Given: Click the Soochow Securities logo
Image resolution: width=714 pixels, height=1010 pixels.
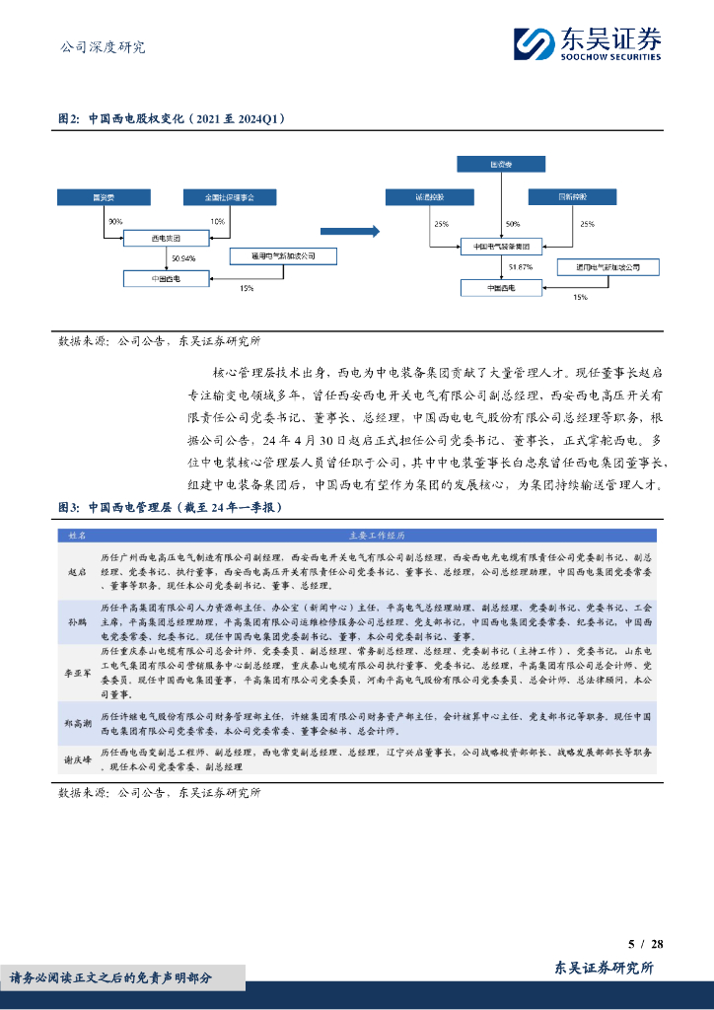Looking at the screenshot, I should [x=587, y=44].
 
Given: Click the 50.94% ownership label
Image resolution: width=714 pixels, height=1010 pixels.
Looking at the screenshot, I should [x=182, y=258].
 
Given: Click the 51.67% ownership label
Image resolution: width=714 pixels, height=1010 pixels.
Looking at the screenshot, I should [x=521, y=266].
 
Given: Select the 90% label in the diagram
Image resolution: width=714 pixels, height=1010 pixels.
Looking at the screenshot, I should [x=115, y=221].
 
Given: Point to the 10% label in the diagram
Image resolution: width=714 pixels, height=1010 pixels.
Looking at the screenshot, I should [x=217, y=221].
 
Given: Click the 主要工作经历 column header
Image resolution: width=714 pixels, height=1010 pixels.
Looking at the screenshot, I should [x=376, y=536].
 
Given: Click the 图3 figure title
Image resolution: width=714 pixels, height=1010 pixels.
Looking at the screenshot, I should [x=171, y=507].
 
